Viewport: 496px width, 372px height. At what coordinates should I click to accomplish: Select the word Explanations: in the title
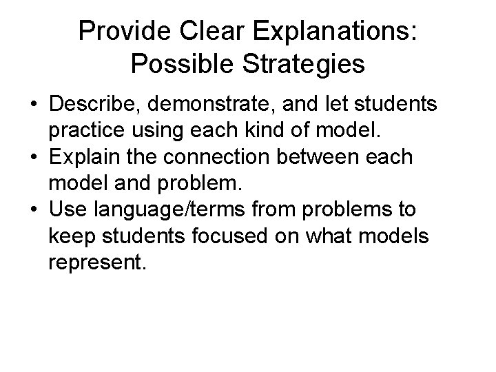tap(340, 31)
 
